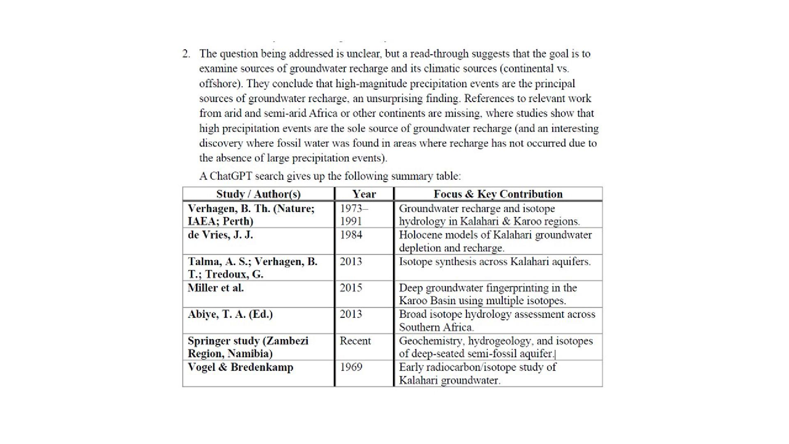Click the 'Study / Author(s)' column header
pyautogui.click(x=258, y=194)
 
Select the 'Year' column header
pyautogui.click(x=364, y=194)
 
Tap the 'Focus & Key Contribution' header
pyautogui.click(x=498, y=194)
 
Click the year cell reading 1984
pyautogui.click(x=351, y=235)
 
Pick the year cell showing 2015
pyautogui.click(x=351, y=288)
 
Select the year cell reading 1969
pyautogui.click(x=351, y=367)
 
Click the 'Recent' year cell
pyautogui.click(x=355, y=341)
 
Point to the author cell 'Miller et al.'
pyautogui.click(x=216, y=288)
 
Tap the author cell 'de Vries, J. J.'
pyautogui.click(x=220, y=235)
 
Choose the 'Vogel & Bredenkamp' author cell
pyautogui.click(x=240, y=367)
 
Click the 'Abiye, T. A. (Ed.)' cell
pyautogui.click(x=230, y=314)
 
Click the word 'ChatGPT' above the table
pyautogui.click(x=231, y=176)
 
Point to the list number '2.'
pyautogui.click(x=187, y=54)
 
